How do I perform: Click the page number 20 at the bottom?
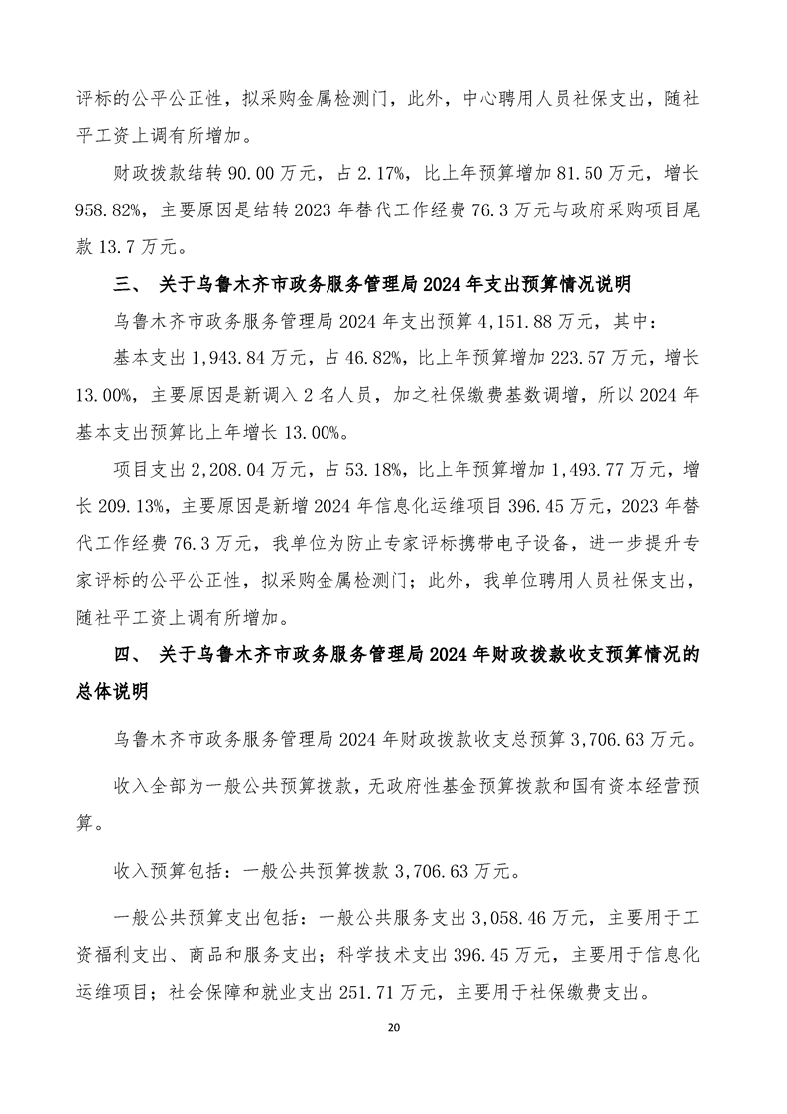[393, 1025]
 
